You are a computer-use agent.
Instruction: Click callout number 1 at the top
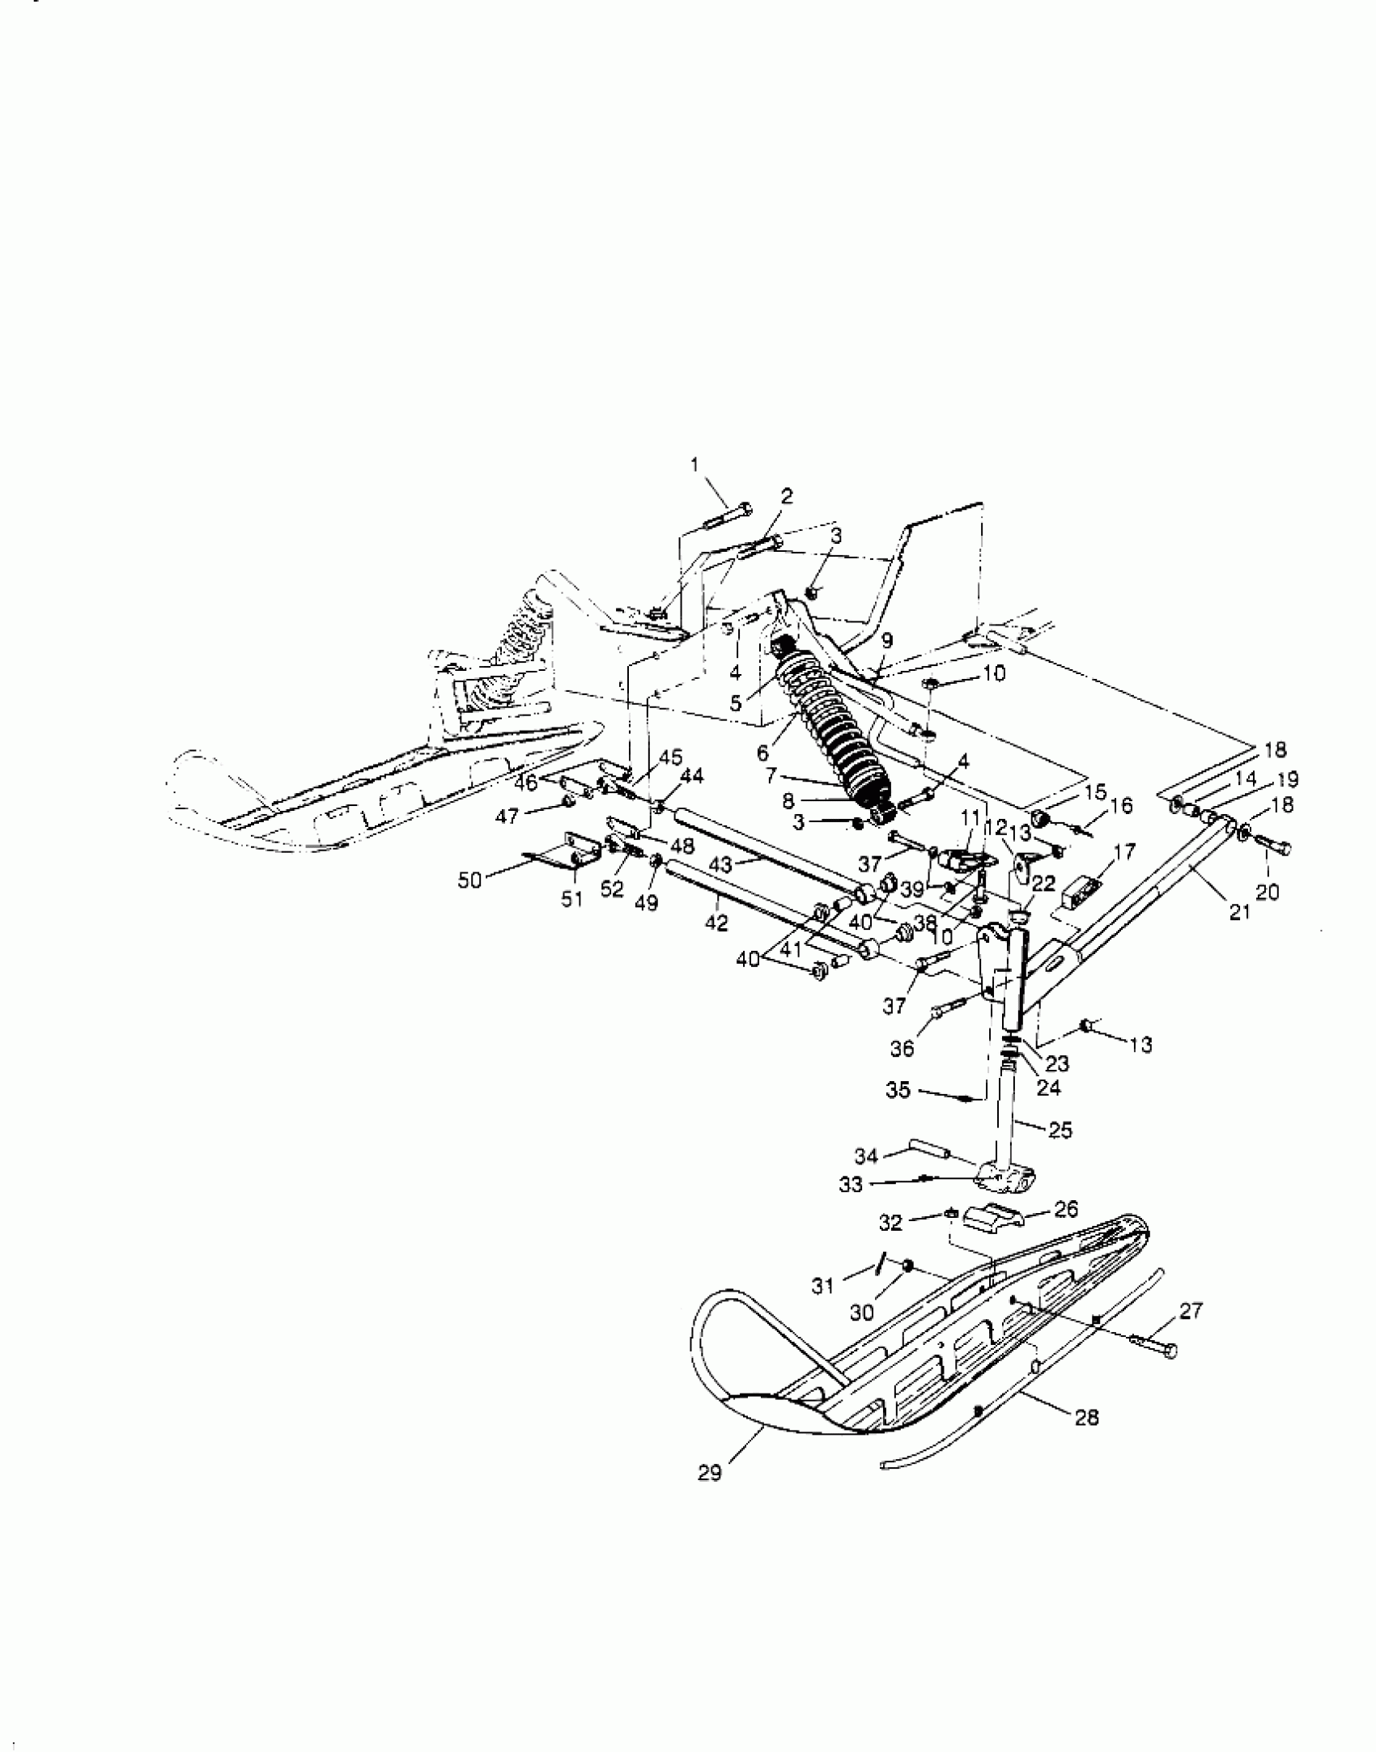[x=693, y=465]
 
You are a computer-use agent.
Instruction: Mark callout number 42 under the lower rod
[x=716, y=923]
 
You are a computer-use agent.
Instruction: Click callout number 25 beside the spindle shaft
[x=1060, y=1131]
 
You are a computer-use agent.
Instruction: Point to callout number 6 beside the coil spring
[x=762, y=753]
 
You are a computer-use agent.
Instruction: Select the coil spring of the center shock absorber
[x=834, y=728]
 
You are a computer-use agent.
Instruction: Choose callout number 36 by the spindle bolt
[x=902, y=1048]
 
